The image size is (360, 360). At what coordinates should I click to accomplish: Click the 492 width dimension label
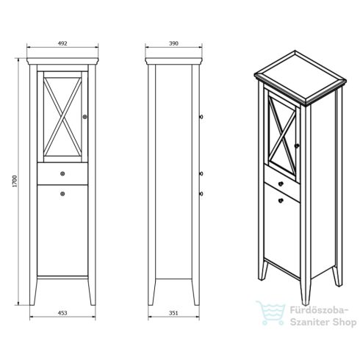[62, 43]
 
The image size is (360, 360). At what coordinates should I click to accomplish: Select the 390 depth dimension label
[173, 43]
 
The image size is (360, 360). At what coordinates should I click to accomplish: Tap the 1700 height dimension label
[15, 181]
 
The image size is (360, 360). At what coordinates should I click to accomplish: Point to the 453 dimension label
[62, 313]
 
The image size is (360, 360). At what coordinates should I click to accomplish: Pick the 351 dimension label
[173, 313]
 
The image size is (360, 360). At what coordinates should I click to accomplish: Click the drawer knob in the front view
[62, 173]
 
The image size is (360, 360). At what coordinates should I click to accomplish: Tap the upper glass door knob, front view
[85, 117]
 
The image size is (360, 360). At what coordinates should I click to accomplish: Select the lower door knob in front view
[62, 194]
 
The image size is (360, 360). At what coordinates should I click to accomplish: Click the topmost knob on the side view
[201, 117]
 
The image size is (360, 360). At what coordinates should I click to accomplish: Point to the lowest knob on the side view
[201, 194]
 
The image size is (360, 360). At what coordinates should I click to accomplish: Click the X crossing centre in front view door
[62, 117]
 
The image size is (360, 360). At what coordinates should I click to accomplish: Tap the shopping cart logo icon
[271, 313]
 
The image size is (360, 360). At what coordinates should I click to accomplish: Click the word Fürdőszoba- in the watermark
[319, 310]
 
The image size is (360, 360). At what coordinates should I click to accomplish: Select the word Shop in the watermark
[345, 322]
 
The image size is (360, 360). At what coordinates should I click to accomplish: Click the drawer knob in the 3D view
[281, 184]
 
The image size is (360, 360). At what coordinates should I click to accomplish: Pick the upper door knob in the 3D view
[297, 145]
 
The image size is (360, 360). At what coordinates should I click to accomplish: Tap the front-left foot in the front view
[33, 292]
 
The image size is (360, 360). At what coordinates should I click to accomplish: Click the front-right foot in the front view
[92, 292]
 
